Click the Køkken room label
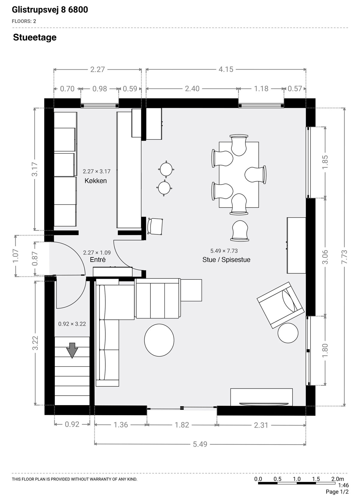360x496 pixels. (95, 181)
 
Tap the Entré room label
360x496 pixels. (97, 260)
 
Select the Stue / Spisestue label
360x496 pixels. (226, 260)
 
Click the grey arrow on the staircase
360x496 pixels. (72, 350)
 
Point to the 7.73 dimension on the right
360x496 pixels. (344, 257)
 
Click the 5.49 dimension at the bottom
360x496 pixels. (200, 444)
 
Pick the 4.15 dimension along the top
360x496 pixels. (226, 69)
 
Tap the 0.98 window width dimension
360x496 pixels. (100, 89)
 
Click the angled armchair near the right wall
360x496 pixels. (280, 305)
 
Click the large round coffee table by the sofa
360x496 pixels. (159, 340)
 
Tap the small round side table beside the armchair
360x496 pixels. (288, 333)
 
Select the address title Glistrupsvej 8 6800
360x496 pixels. (50, 10)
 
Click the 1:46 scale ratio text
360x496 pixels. (343, 486)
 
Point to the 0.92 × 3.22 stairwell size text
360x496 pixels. (72, 324)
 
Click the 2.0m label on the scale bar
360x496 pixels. (337, 479)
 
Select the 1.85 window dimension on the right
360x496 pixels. (325, 162)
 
